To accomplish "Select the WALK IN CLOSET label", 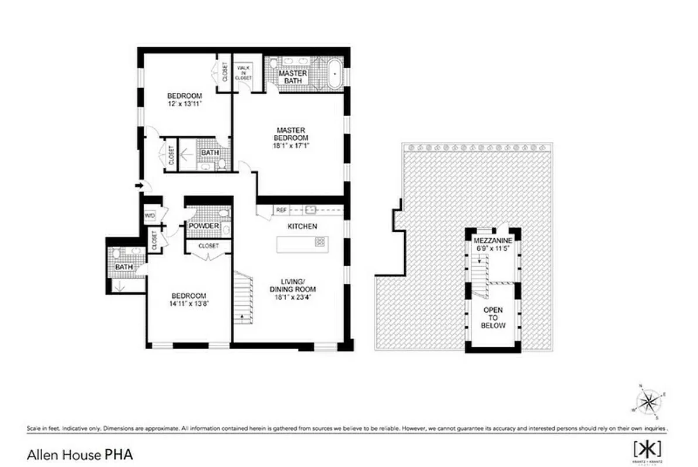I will click(x=244, y=73).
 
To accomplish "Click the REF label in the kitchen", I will click(x=281, y=210).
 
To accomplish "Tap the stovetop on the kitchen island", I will click(x=320, y=242).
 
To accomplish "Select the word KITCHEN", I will click(x=302, y=226).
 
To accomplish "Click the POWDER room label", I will click(x=203, y=226).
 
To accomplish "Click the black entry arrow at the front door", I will click(x=139, y=186).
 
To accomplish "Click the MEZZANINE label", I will click(x=492, y=241).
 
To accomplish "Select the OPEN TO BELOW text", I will click(x=494, y=318).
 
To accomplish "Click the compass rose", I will click(x=648, y=402).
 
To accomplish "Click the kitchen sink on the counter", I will click(x=310, y=209).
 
